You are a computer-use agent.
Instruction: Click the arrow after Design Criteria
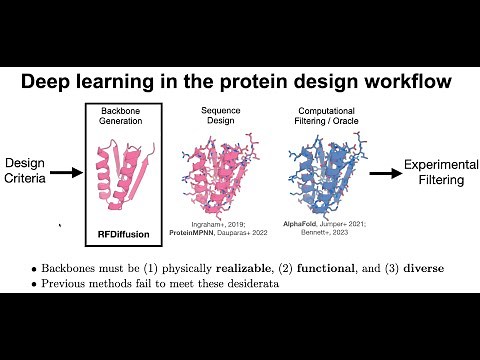pos(65,172)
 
